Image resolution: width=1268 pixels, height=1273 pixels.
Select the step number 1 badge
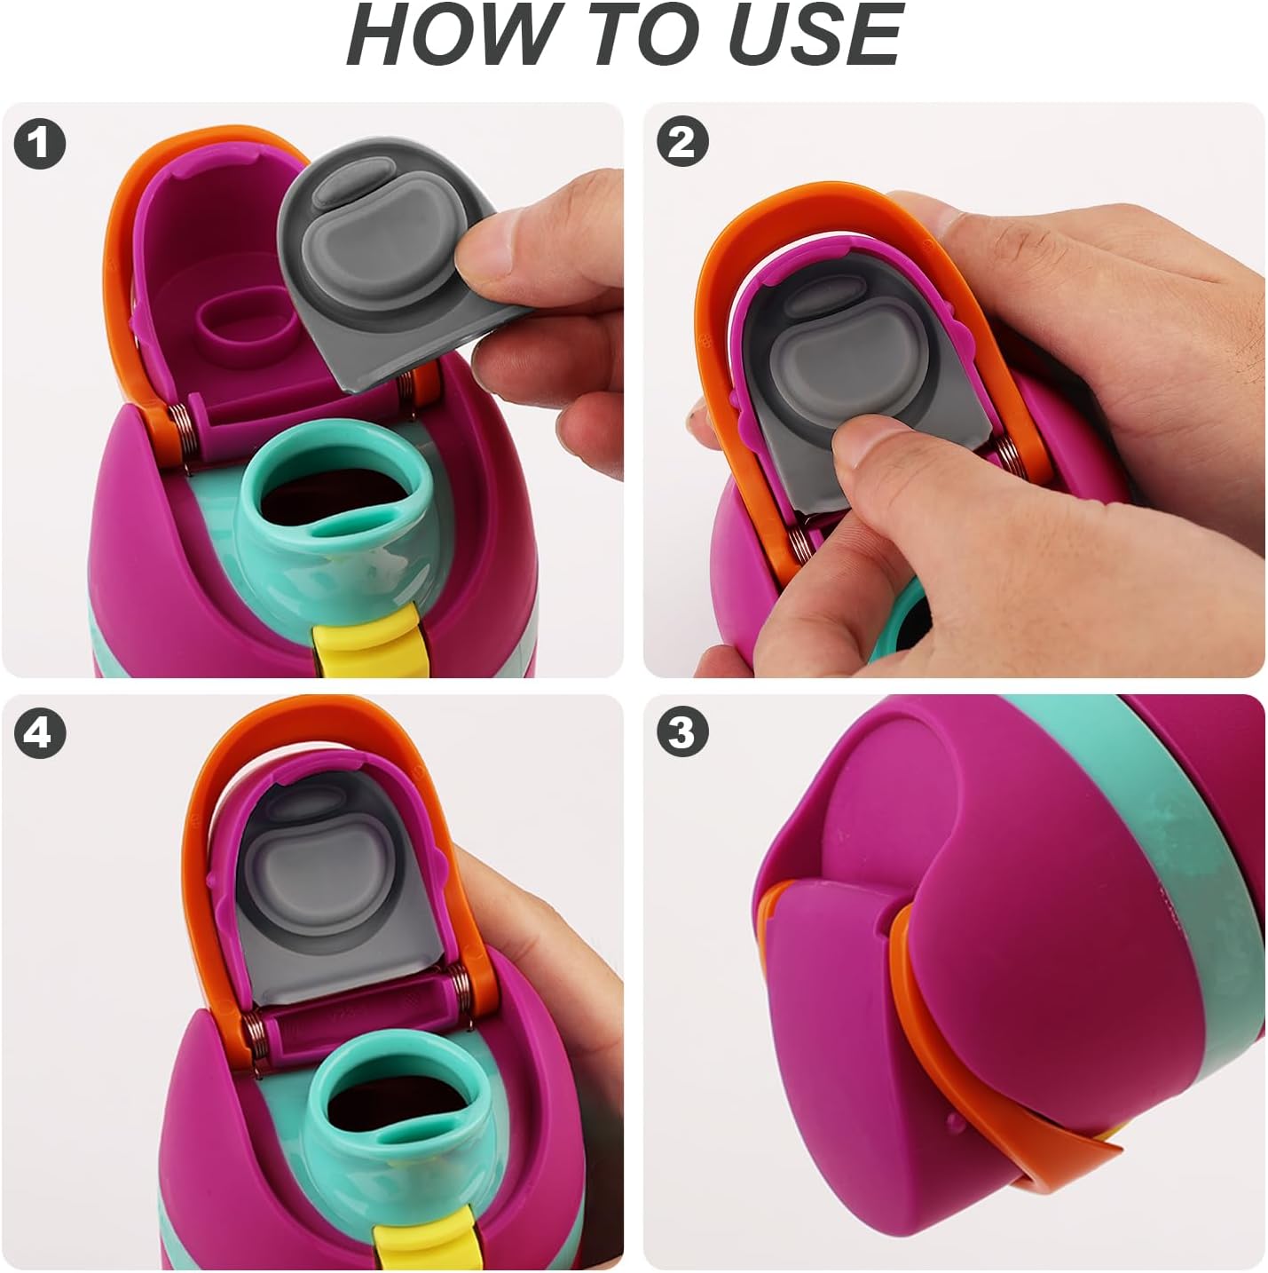click(40, 143)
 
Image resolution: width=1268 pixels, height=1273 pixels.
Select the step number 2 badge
click(683, 143)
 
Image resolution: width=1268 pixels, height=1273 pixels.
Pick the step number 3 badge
click(683, 732)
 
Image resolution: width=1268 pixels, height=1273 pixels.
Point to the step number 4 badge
click(40, 732)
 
